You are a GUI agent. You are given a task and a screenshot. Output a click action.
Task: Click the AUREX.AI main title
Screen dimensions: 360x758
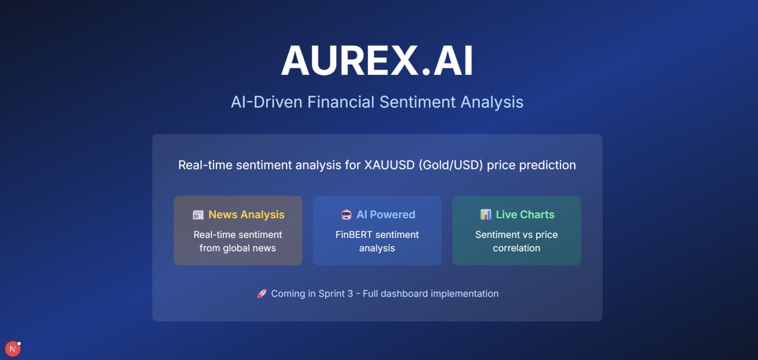coord(377,61)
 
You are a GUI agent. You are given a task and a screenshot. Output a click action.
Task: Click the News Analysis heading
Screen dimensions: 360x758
coord(246,215)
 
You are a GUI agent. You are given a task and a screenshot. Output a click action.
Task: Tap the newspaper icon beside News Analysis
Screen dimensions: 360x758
coord(198,215)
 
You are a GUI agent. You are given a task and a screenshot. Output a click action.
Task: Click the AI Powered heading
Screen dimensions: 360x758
coord(386,215)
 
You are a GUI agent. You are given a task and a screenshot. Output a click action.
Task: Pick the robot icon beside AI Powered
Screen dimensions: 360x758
coord(346,215)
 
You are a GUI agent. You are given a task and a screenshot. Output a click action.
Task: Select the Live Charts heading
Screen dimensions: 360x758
coord(525,215)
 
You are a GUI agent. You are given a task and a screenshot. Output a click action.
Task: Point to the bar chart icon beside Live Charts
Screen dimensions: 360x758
coord(486,215)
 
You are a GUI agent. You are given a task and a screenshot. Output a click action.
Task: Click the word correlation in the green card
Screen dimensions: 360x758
coord(516,249)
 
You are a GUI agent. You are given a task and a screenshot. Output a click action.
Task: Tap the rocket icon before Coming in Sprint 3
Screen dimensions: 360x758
coord(262,294)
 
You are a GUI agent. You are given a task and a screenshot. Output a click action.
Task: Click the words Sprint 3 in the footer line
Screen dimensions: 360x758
coord(336,294)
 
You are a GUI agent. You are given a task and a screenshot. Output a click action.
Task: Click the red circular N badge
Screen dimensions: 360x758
coord(12,349)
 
